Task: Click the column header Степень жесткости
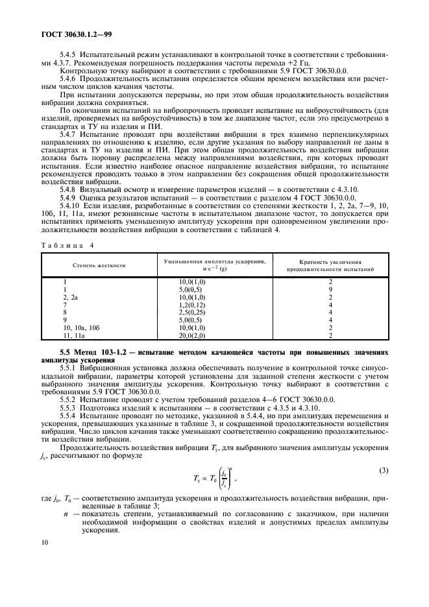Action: click(99, 266)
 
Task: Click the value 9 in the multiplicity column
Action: click(330, 291)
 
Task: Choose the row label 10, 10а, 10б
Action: click(81, 329)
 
